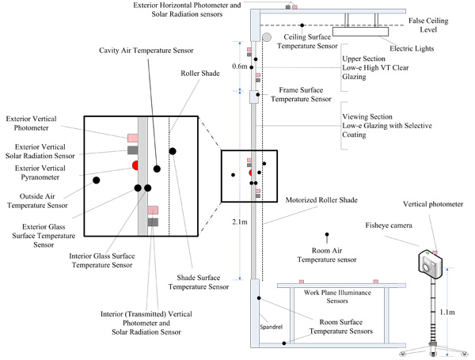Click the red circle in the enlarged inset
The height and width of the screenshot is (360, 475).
pos(135,165)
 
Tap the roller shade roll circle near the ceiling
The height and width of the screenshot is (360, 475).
pos(267,37)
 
